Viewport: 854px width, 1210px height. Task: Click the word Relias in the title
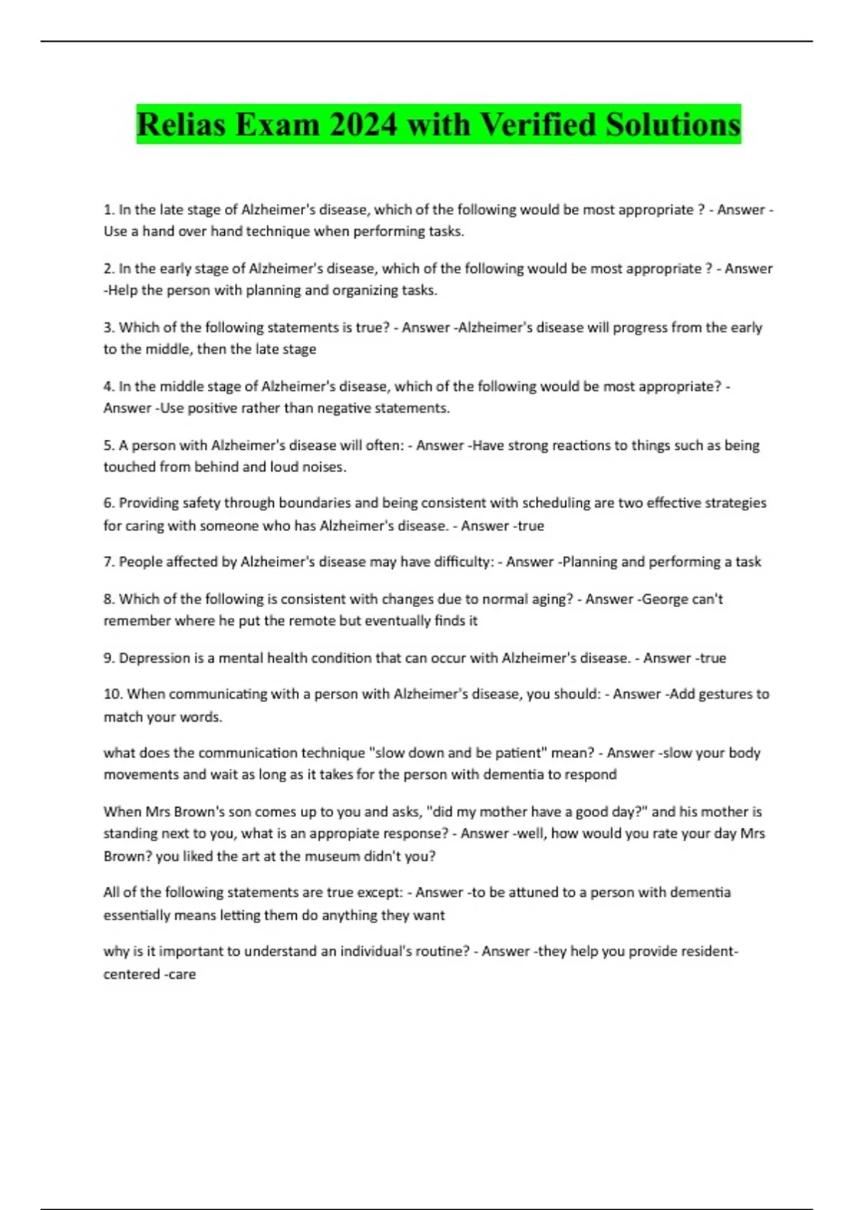click(x=181, y=125)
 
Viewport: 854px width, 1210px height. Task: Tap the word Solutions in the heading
click(x=673, y=125)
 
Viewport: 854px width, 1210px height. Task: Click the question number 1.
click(x=109, y=210)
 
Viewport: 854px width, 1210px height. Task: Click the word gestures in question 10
click(x=722, y=694)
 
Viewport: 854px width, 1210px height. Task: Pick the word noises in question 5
click(x=324, y=468)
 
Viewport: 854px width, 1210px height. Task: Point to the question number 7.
click(x=109, y=562)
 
